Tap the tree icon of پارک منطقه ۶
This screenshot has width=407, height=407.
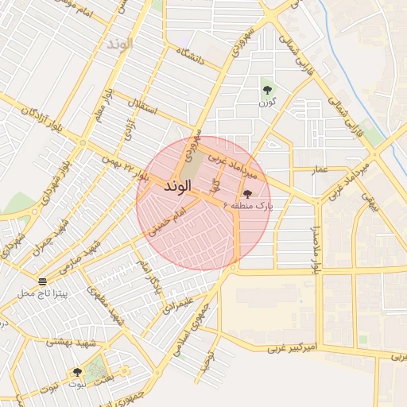pos(247,193)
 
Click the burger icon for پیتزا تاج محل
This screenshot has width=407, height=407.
pos(42,281)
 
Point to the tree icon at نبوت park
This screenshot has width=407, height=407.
pos(77,371)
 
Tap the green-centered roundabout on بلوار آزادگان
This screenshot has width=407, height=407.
pos(83,142)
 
